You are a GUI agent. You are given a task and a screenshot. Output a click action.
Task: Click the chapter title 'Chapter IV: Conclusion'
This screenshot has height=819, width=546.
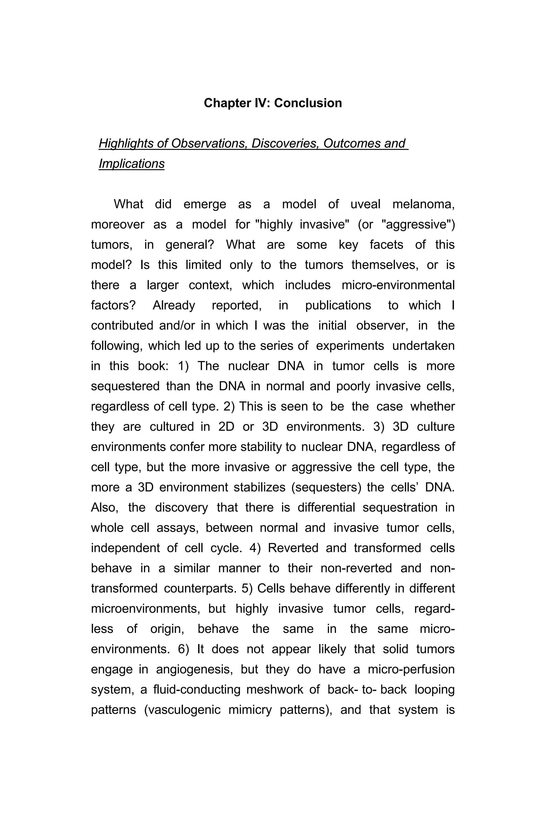pyautogui.click(x=273, y=103)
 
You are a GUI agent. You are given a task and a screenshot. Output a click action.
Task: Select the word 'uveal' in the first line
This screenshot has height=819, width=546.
pyautogui.click(x=365, y=204)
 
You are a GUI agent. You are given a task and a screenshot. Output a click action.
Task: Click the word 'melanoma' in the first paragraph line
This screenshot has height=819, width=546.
pyautogui.click(x=423, y=204)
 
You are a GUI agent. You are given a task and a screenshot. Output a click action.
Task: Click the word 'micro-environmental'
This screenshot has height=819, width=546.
pyautogui.click(x=398, y=285)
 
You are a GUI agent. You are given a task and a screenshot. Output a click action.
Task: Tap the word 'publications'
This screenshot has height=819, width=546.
pyautogui.click(x=338, y=305)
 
